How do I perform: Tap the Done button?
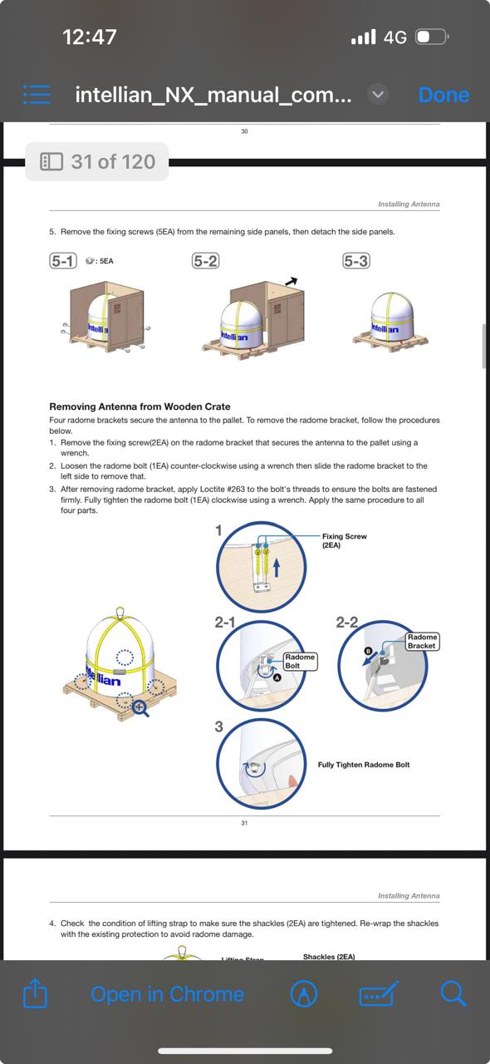444,95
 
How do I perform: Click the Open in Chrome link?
168,993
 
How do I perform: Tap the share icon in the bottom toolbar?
35,993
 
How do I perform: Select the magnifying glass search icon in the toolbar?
453,993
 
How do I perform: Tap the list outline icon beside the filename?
37,95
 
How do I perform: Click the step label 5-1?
63,261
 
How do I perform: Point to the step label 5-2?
206,261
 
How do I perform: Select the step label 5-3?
356,261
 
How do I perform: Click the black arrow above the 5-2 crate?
291,281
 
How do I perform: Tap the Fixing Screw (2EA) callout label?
344,540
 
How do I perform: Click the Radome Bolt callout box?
300,661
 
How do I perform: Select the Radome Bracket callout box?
422,641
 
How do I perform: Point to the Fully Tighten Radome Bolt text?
364,764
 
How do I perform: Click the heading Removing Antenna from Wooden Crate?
140,406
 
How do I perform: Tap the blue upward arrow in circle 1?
277,567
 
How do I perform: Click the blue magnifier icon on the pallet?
140,708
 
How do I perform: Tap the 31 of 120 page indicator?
97,161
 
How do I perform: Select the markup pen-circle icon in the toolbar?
304,993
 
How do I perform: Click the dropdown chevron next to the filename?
378,95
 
